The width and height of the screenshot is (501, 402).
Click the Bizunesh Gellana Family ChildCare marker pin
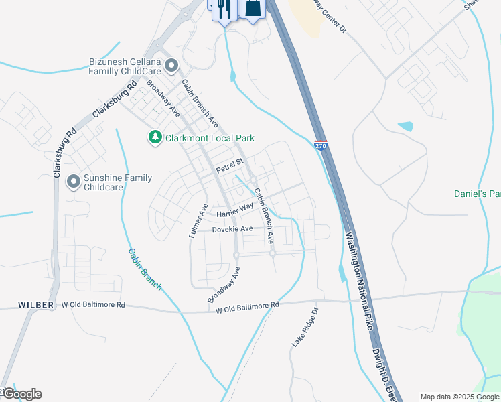point(171,66)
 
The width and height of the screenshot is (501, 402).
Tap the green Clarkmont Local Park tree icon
point(155,137)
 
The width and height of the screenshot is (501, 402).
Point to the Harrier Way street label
point(234,210)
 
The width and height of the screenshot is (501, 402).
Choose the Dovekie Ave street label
point(232,229)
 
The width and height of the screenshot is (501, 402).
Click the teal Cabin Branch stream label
point(145,269)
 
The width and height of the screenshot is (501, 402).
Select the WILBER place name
point(36,305)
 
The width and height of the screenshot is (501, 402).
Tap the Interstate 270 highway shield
point(321,145)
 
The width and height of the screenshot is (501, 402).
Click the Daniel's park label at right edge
point(477,194)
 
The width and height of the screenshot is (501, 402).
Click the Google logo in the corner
point(21,394)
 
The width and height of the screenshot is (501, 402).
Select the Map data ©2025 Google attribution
point(459,397)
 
